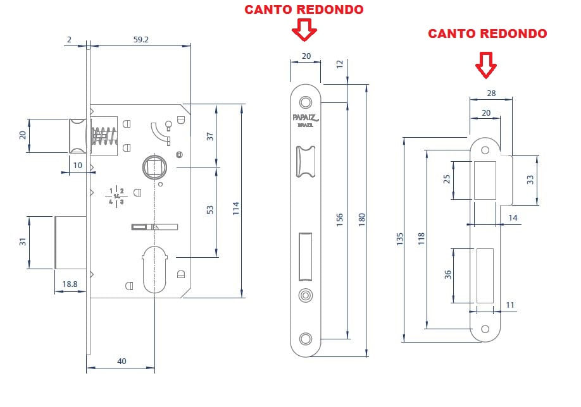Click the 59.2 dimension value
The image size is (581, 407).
pos(141,39)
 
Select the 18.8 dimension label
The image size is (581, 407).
pos(70,285)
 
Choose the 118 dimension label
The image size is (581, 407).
pos(422,239)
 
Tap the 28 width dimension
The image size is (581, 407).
pos(490,93)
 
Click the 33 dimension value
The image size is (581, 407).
pos(530,179)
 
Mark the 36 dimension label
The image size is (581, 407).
pos(448,275)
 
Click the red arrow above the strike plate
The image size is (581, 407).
pos(485,64)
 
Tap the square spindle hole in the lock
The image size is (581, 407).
pos(154,167)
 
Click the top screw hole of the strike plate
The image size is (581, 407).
pos(485,150)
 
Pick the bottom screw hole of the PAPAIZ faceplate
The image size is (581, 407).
pos(306,338)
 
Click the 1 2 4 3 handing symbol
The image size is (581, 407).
pos(116,197)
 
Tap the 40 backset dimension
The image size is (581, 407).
pos(122,361)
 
